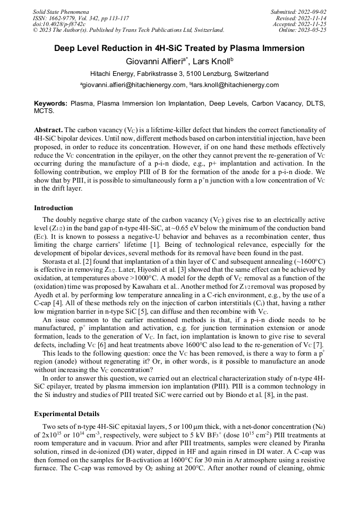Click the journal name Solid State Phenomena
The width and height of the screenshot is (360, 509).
click(61, 11)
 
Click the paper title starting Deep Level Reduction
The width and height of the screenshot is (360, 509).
click(179, 48)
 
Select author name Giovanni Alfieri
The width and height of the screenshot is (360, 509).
click(152, 61)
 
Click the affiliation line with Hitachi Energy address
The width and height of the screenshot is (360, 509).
click(179, 74)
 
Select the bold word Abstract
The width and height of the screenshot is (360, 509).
click(48, 130)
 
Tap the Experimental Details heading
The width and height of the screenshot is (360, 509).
click(66, 414)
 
